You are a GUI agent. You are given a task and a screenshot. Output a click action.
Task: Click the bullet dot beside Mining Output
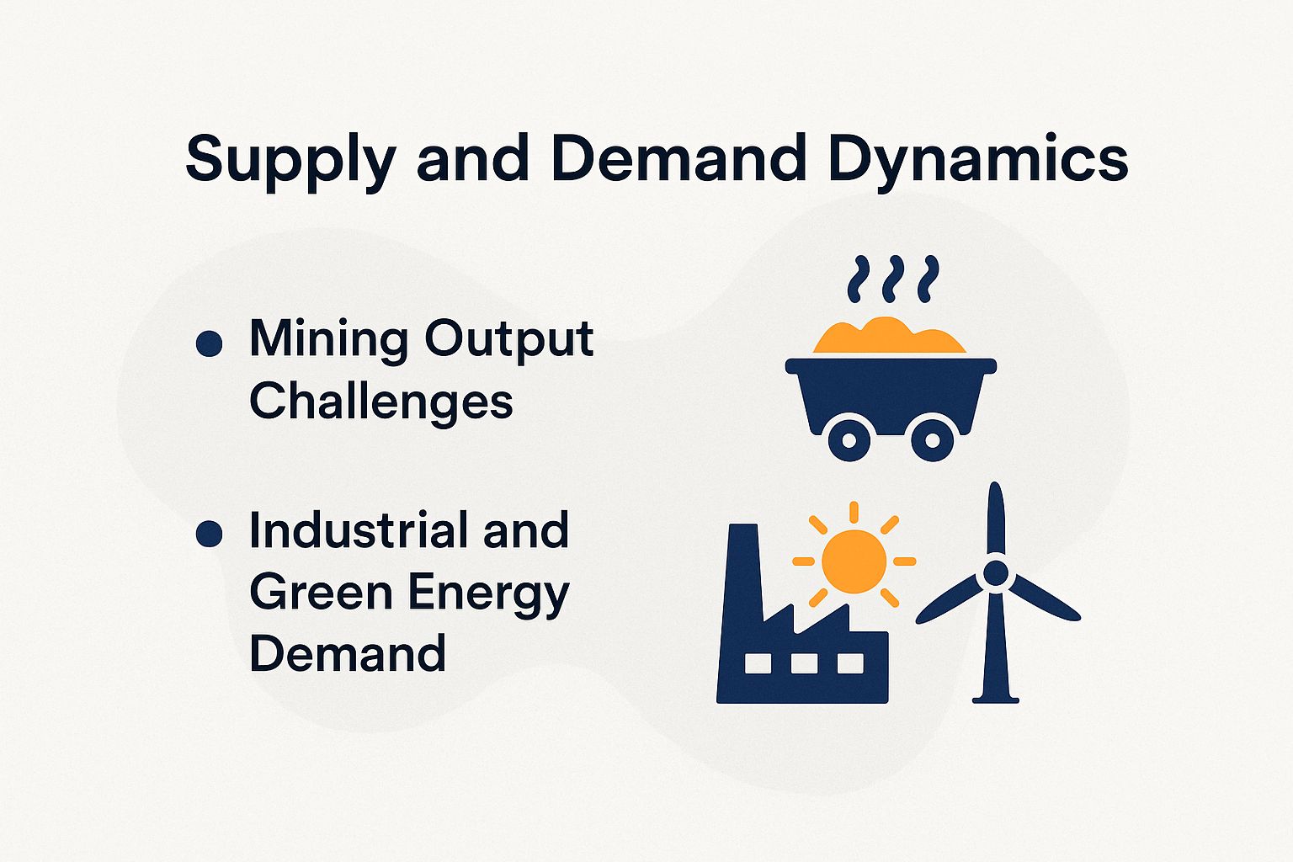(x=209, y=343)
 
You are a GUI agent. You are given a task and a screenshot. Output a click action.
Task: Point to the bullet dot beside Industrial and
(x=209, y=534)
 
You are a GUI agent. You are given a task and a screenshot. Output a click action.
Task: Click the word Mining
(x=327, y=340)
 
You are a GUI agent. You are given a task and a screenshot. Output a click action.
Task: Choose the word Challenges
(x=381, y=401)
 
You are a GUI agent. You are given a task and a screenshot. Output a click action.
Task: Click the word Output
(x=509, y=340)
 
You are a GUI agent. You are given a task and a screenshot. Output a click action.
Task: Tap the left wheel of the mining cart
(x=849, y=440)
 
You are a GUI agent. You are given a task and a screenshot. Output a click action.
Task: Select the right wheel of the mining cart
(x=932, y=440)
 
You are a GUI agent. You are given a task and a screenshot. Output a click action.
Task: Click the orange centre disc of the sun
(x=854, y=561)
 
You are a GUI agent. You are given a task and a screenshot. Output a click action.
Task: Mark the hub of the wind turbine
(x=995, y=574)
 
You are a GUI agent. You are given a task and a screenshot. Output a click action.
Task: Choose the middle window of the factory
(x=804, y=663)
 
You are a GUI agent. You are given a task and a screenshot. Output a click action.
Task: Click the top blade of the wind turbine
(x=996, y=518)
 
